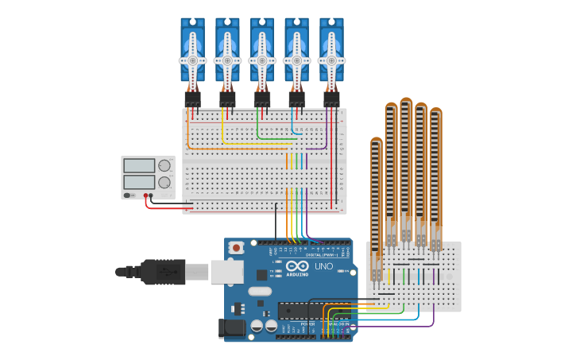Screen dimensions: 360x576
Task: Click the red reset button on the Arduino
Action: [236, 248]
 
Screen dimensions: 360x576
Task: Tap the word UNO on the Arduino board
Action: [323, 266]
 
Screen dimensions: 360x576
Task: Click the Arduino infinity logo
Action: [297, 266]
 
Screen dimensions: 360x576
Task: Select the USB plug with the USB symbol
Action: [162, 272]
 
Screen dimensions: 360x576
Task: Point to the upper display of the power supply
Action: [139, 166]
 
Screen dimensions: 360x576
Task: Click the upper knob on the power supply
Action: [164, 166]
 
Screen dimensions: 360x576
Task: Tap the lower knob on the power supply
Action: [164, 183]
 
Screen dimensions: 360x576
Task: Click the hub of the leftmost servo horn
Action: [192, 60]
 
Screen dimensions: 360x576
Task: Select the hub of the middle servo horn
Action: [262, 60]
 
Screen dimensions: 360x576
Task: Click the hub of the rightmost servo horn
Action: [331, 60]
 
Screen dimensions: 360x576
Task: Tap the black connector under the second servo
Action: [227, 99]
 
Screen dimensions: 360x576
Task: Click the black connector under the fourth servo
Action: [296, 99]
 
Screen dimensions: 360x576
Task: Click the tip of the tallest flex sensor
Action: [406, 102]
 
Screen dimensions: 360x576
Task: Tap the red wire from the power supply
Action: [167, 207]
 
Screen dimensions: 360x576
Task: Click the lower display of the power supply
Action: [139, 182]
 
